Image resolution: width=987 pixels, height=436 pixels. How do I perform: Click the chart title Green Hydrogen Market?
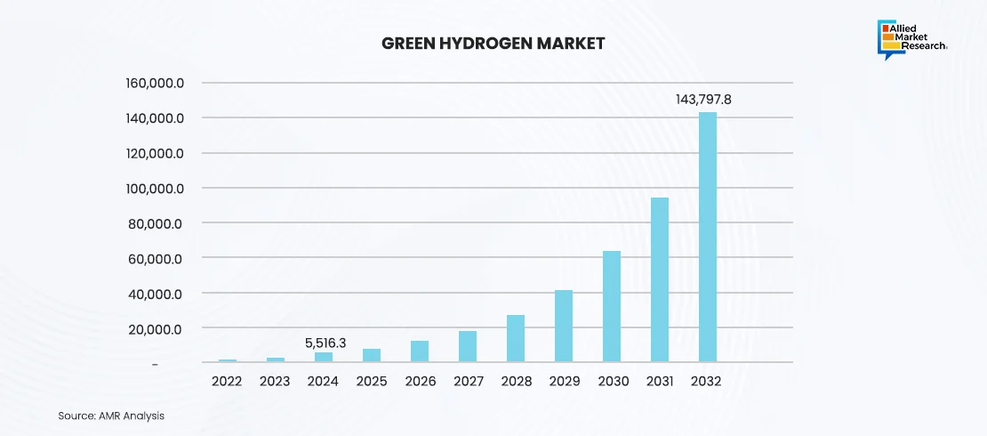(x=493, y=43)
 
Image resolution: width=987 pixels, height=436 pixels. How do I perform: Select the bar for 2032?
(x=708, y=237)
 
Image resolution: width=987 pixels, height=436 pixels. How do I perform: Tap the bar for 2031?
(x=660, y=279)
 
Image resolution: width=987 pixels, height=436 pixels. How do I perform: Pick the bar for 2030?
(x=612, y=306)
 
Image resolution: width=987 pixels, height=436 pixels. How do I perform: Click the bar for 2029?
(x=564, y=326)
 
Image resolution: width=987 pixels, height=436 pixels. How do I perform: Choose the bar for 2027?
(x=468, y=346)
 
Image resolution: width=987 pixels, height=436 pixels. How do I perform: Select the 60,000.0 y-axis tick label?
(x=156, y=259)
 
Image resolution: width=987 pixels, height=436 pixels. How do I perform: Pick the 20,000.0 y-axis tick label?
(x=156, y=329)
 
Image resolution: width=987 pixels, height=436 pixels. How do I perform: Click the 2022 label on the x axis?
(x=228, y=381)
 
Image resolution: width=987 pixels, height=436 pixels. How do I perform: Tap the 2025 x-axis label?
(x=372, y=381)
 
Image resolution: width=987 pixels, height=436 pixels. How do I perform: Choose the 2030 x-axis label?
(x=612, y=381)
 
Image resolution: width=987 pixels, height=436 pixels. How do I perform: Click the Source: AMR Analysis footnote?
(x=111, y=416)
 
